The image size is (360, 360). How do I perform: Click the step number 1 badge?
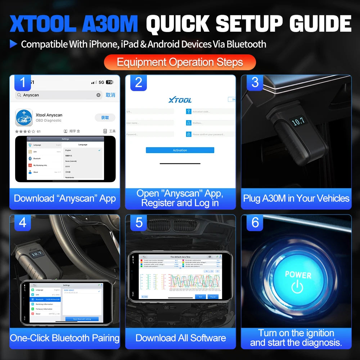[23, 82]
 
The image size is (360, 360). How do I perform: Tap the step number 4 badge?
[23, 222]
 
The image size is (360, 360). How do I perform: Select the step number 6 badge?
[255, 222]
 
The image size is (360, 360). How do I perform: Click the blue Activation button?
[180, 150]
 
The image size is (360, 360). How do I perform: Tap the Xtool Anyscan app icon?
[24, 118]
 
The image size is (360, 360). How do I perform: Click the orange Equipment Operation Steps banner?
[180, 62]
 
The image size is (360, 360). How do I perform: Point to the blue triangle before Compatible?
[13, 44]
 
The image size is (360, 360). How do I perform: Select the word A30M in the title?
[110, 24]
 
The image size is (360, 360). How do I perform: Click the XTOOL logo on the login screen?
[180, 100]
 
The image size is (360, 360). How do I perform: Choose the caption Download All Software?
[181, 338]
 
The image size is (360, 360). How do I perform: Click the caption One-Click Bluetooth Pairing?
[65, 338]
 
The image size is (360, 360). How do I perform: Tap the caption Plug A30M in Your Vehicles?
[296, 198]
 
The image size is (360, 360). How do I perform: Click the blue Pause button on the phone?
[213, 297]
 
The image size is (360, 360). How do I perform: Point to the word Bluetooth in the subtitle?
[244, 44]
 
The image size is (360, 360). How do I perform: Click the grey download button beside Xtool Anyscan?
[105, 118]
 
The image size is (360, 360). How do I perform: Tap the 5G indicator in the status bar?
[101, 82]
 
